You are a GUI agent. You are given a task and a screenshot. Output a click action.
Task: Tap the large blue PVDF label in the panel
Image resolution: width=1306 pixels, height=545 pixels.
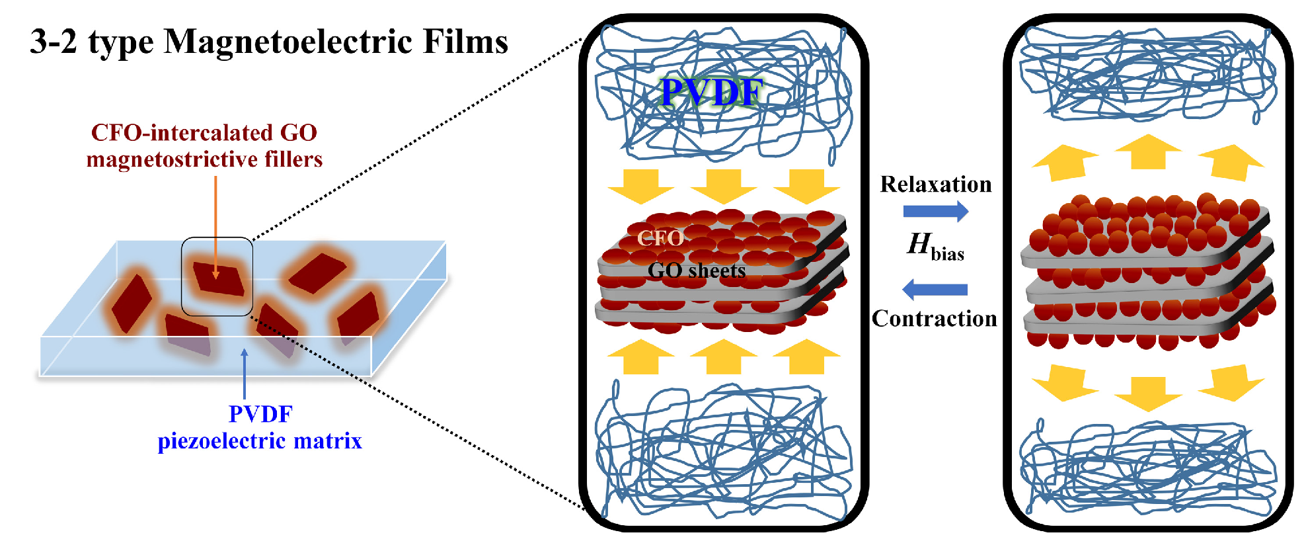[x=712, y=92]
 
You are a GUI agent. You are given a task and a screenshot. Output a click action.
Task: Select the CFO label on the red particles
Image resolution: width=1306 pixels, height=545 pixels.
[x=660, y=238]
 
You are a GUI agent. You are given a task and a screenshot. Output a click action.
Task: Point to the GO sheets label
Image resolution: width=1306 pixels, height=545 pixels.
[x=697, y=271]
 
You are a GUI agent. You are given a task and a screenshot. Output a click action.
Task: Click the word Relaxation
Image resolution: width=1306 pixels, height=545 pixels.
[x=935, y=185]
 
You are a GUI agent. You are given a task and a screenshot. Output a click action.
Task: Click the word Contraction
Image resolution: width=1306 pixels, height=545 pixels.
[x=934, y=319]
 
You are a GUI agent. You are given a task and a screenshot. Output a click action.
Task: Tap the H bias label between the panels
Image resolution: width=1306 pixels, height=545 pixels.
[x=935, y=246]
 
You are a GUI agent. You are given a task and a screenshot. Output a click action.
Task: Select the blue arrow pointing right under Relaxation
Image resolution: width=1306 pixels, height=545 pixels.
[x=935, y=212]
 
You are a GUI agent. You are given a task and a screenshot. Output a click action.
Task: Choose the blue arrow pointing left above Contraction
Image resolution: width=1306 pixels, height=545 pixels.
[x=935, y=289]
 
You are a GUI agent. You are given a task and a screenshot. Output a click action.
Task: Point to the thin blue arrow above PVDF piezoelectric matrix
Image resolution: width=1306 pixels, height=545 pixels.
[x=245, y=374]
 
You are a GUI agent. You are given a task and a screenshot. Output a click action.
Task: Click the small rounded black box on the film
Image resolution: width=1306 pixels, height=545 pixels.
[x=217, y=276]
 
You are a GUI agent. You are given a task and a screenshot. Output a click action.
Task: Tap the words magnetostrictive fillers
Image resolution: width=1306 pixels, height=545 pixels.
[x=204, y=159]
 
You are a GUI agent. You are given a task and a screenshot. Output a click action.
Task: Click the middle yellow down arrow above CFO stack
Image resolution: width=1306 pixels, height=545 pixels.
[x=724, y=185]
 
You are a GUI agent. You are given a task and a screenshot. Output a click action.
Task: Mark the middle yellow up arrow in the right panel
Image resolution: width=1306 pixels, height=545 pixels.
[x=1148, y=151]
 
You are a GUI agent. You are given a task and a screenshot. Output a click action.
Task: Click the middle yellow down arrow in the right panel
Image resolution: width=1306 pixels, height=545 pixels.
[x=1148, y=393]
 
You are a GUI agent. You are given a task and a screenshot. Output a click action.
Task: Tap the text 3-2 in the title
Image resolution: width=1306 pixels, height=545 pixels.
[x=54, y=42]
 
